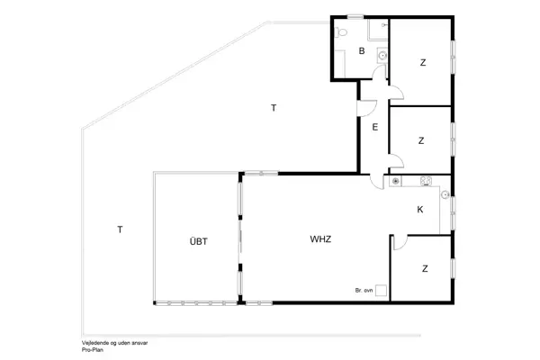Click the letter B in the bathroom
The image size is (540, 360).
(x=361, y=51)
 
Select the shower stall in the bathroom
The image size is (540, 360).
(x=376, y=32)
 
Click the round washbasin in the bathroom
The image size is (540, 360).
(x=382, y=56)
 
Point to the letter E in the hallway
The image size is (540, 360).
(x=373, y=127)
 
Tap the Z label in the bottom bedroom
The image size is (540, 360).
(x=424, y=268)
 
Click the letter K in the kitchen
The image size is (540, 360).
(x=420, y=210)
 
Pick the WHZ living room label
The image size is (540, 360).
(x=320, y=239)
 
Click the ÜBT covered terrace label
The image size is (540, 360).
(x=198, y=240)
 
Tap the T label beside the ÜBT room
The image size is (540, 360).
(x=119, y=229)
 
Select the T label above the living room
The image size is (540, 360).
(x=274, y=108)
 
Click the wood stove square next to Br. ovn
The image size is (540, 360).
(x=382, y=291)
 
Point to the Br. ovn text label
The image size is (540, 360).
(x=364, y=291)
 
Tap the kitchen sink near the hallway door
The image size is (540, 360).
(x=394, y=182)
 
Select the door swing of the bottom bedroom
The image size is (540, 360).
(x=400, y=243)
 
